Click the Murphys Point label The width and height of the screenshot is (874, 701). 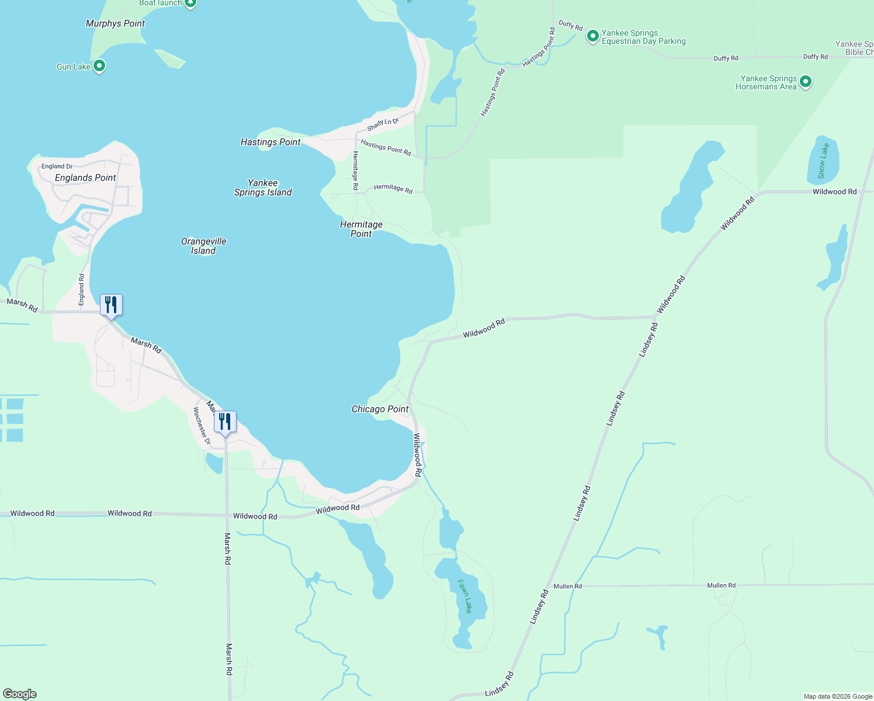(x=115, y=23)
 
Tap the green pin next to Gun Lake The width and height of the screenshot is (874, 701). (x=99, y=66)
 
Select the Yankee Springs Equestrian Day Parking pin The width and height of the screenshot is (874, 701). (x=593, y=36)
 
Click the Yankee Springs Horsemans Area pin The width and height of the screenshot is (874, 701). (x=806, y=82)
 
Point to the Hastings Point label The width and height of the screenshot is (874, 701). (x=270, y=142)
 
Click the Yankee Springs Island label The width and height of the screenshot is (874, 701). (x=263, y=188)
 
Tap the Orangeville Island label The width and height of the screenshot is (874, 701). (x=203, y=246)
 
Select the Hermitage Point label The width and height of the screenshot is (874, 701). (x=361, y=229)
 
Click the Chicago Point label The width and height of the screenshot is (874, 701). (x=380, y=409)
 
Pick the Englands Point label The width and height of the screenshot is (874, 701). (x=85, y=178)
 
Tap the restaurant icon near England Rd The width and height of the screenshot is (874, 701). (x=111, y=305)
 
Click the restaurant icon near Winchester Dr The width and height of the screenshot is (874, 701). (x=225, y=422)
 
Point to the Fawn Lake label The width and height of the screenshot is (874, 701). (x=464, y=596)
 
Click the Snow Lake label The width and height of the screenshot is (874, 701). (x=823, y=161)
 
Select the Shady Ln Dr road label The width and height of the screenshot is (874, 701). (x=383, y=124)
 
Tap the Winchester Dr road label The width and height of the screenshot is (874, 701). (x=202, y=426)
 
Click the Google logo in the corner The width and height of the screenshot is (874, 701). (x=20, y=693)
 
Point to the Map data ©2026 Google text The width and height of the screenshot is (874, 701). (x=837, y=696)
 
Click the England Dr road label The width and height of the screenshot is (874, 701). (x=57, y=166)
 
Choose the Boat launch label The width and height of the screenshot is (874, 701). (x=161, y=3)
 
